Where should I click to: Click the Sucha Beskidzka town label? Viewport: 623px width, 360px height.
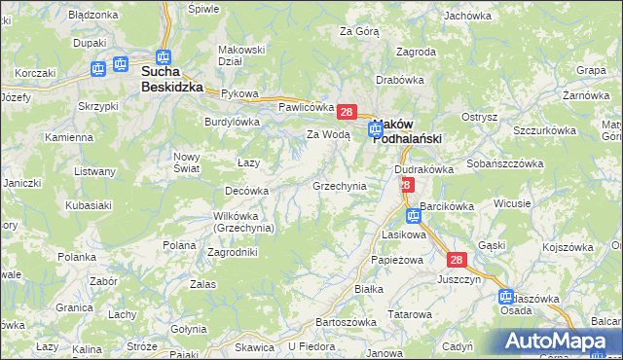click(x=172, y=79)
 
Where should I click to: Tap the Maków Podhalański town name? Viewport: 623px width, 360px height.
click(x=407, y=131)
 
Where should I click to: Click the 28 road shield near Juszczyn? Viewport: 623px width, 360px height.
click(x=458, y=260)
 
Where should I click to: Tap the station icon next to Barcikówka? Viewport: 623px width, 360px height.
click(x=414, y=216)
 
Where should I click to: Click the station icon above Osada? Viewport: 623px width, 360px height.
click(x=506, y=296)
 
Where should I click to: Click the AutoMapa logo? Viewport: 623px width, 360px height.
click(x=558, y=341)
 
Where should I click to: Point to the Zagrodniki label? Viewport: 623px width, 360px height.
click(x=233, y=252)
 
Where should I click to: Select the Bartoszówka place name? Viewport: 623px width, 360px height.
click(x=346, y=322)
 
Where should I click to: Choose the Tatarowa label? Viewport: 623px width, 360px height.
click(x=410, y=314)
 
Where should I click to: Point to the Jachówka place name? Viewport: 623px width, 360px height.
click(x=467, y=16)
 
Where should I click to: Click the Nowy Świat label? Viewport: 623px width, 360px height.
click(x=186, y=162)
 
